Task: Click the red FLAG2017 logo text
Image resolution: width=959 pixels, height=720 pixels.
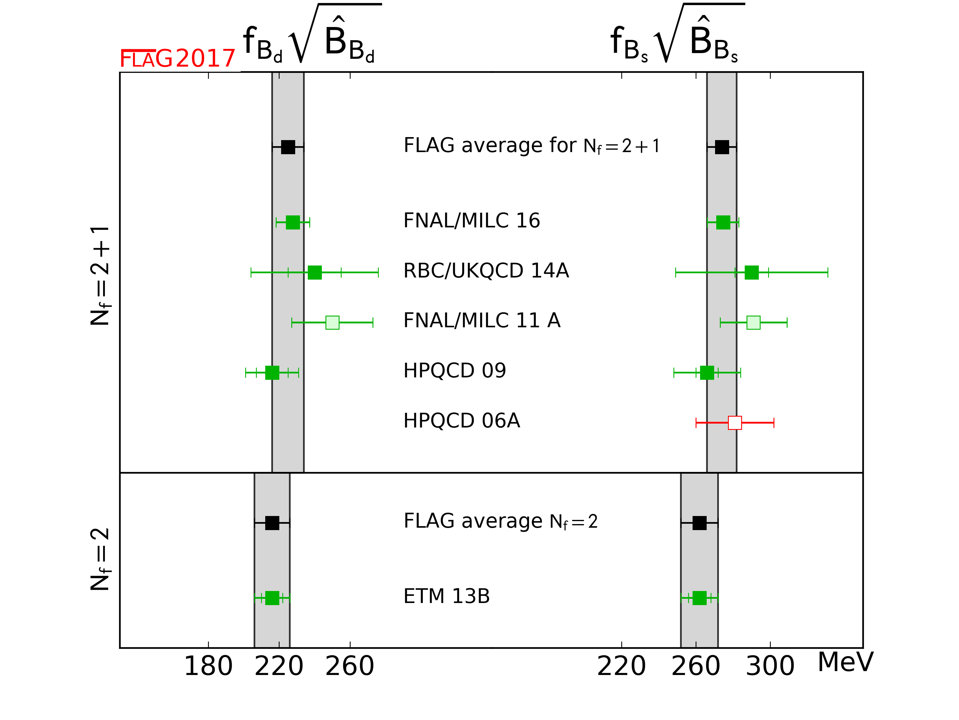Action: point(177,58)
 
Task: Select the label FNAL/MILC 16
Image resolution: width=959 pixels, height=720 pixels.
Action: point(471,220)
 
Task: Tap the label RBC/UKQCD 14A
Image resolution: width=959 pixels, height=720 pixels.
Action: point(485,271)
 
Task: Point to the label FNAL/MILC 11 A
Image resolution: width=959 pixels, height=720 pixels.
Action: point(482,321)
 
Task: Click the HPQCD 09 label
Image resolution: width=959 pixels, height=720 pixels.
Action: point(454,370)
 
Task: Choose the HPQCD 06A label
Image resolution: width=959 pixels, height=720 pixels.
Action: point(461,421)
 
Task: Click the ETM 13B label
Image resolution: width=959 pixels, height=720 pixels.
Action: point(446,596)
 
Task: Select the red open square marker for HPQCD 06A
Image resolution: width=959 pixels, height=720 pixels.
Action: point(735,423)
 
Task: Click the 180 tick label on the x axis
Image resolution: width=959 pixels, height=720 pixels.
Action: point(208,666)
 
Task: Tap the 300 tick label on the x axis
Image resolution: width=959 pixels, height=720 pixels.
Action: point(770,666)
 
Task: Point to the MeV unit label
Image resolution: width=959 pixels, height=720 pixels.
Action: point(845,663)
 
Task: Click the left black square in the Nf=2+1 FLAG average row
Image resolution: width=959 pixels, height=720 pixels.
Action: point(288,147)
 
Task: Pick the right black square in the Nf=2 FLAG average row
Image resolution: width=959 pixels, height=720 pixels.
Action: point(699,523)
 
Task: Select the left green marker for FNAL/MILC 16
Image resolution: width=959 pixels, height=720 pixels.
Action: point(292,223)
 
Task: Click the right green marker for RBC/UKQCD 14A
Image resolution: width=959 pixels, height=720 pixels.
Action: point(751,272)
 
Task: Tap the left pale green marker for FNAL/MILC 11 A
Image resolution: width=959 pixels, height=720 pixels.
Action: point(332,323)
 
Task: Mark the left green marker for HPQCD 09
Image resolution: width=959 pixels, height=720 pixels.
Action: point(272,372)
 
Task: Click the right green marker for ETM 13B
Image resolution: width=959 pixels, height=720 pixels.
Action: point(699,598)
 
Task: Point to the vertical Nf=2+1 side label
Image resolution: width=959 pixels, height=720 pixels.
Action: point(100,276)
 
